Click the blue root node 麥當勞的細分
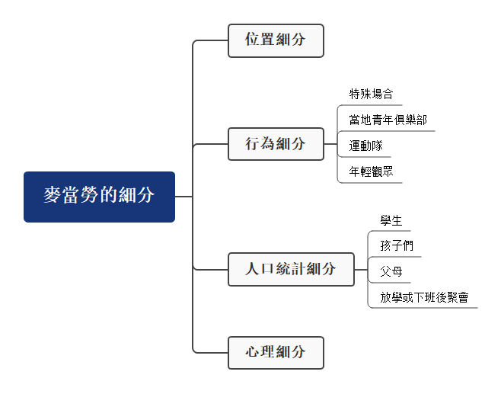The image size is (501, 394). (x=99, y=197)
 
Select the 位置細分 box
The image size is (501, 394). (x=276, y=40)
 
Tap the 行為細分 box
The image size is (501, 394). (x=276, y=144)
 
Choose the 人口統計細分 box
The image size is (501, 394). (x=291, y=269)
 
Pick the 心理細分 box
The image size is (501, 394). (x=276, y=353)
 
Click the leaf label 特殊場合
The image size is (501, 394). (x=371, y=94)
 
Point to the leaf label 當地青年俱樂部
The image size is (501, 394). (x=388, y=120)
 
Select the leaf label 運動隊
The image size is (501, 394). (x=365, y=146)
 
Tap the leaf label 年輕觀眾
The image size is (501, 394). (x=371, y=171)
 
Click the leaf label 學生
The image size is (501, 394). (x=391, y=220)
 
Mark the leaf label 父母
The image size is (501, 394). (x=391, y=271)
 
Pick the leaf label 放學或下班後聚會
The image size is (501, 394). (x=423, y=296)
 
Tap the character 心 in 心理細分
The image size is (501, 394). (x=252, y=353)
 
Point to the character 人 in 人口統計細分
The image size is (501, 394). (x=253, y=269)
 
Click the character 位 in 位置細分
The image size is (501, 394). (x=252, y=40)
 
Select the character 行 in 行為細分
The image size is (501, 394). (x=252, y=144)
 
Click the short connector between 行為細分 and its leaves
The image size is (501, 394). (x=330, y=144)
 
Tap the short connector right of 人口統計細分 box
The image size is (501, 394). (x=361, y=269)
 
